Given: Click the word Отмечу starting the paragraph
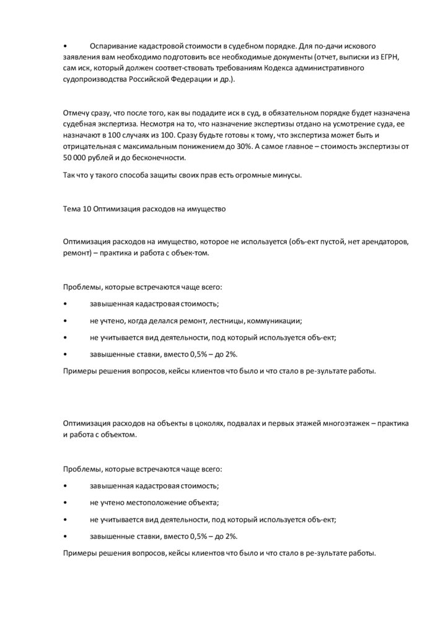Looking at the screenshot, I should coord(77,113).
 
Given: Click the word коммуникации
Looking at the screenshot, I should coord(275,321).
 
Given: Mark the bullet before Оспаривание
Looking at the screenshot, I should coord(65,47).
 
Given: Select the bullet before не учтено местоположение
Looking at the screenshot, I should coord(65,503).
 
